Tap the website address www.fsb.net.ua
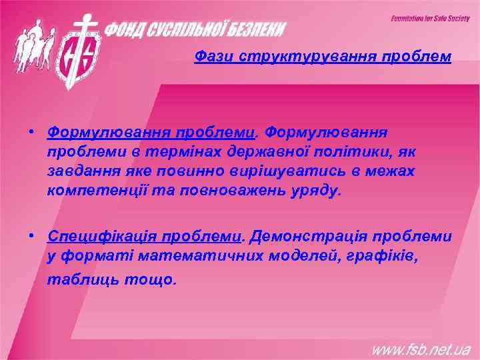(421, 348)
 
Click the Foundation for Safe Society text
(430, 19)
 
